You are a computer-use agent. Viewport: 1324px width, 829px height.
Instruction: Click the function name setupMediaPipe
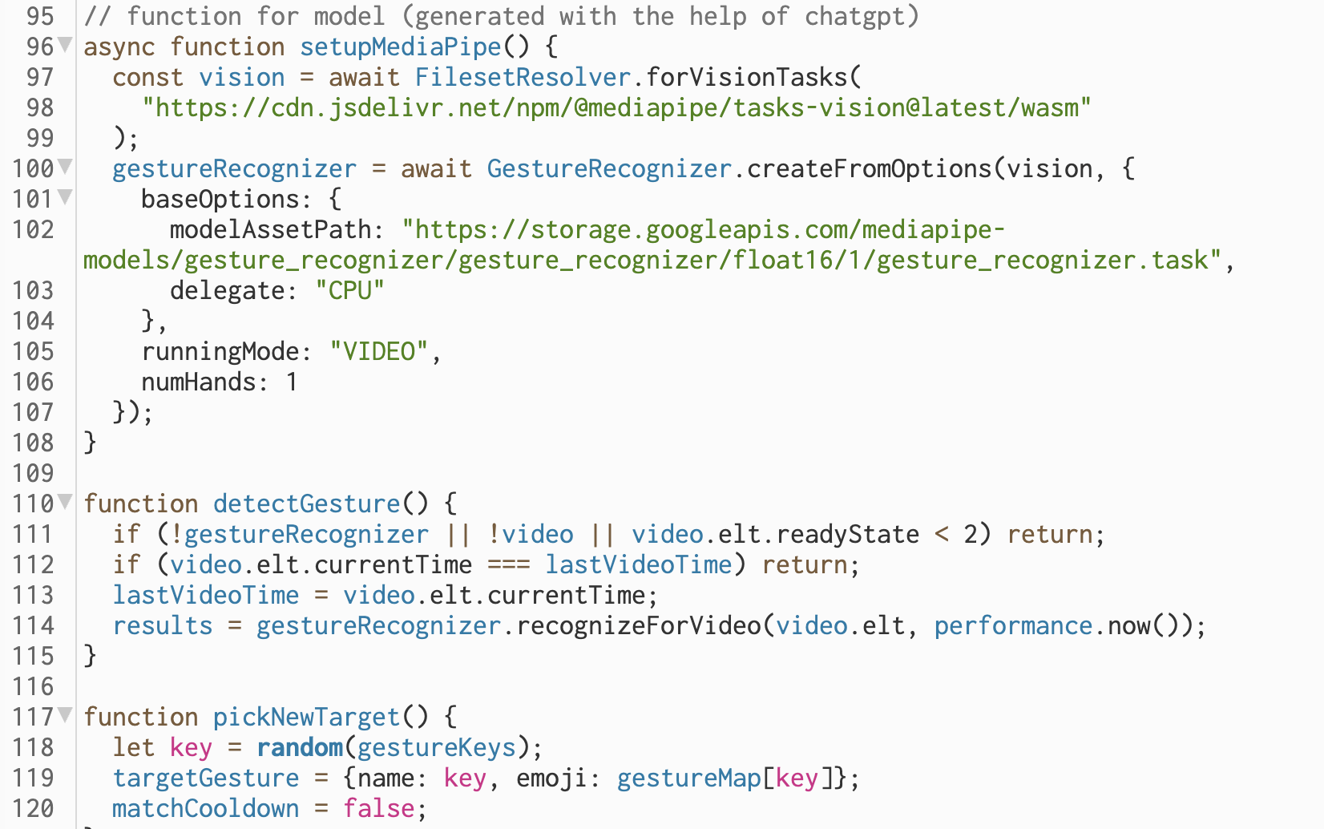(400, 47)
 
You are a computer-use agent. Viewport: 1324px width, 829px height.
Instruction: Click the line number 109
(33, 473)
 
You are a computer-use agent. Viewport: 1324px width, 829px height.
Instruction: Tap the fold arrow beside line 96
(66, 44)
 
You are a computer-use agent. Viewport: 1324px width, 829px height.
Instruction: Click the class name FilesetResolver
(523, 77)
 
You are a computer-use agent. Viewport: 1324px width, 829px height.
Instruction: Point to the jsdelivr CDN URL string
(616, 107)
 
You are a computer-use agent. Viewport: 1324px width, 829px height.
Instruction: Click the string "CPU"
(350, 290)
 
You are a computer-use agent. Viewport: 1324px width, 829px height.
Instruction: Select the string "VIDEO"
(378, 351)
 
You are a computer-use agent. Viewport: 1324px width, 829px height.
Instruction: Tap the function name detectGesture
(306, 503)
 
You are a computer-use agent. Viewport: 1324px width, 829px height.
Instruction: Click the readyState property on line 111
(847, 534)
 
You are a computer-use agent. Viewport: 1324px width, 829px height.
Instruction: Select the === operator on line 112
(508, 564)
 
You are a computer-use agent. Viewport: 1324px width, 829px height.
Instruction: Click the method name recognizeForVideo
(638, 625)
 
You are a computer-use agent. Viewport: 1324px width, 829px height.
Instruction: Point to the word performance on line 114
(1013, 625)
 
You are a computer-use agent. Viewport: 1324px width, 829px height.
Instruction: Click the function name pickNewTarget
(306, 717)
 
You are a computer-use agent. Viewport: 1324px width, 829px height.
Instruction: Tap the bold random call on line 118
(299, 747)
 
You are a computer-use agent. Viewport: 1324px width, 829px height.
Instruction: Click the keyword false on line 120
(379, 808)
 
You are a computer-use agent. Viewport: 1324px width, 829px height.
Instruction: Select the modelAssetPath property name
(271, 229)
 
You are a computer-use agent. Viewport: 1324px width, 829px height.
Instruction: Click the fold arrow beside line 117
(66, 714)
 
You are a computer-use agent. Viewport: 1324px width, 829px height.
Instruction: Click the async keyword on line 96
(119, 47)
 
